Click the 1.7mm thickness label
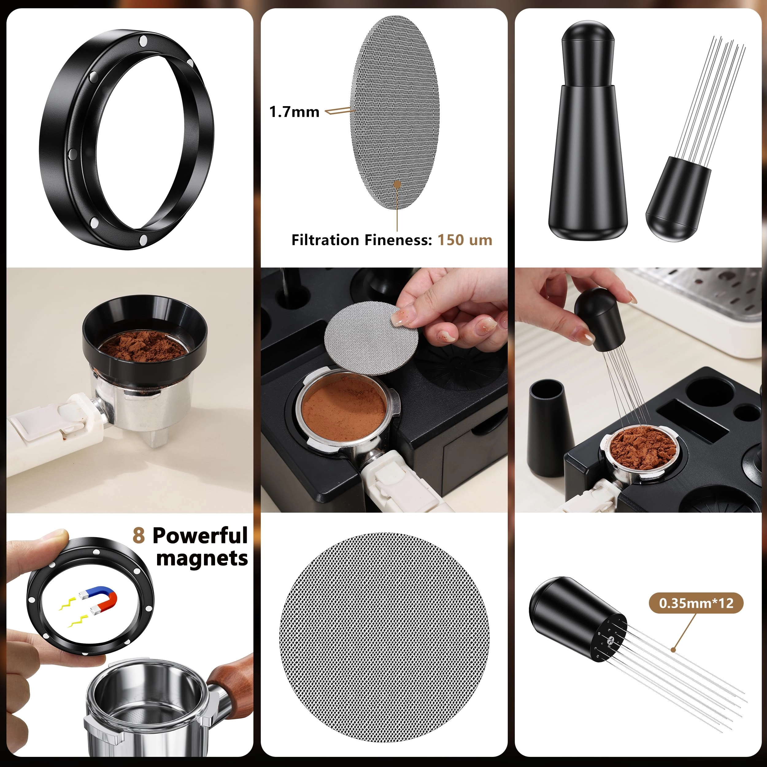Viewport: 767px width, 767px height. point(294,112)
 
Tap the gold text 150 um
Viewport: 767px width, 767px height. point(464,240)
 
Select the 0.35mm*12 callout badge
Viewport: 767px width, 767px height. point(696,603)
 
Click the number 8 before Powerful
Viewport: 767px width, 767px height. point(139,536)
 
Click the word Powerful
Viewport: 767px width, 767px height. point(200,536)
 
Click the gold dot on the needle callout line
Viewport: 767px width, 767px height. point(673,650)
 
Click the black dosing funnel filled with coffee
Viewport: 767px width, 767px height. point(145,337)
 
